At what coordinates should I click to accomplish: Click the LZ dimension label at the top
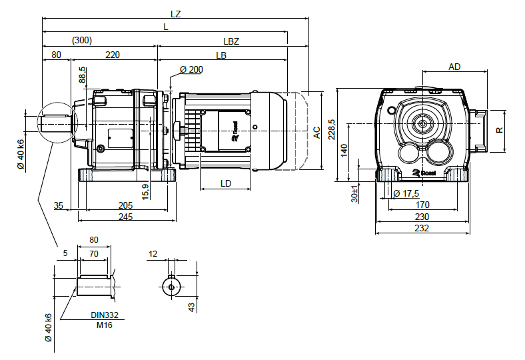175,13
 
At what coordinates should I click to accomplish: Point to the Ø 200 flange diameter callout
191,69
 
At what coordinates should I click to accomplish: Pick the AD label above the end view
454,67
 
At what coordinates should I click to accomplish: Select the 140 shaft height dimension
344,150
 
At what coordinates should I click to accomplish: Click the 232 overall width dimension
421,228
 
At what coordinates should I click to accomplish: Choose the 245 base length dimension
125,217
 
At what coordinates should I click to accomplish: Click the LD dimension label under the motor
226,183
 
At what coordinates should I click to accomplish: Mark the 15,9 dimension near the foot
145,190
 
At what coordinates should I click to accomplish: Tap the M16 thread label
104,324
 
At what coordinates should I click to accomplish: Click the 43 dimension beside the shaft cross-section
192,306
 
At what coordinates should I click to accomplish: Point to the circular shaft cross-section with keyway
172,285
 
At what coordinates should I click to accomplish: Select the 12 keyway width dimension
153,254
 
